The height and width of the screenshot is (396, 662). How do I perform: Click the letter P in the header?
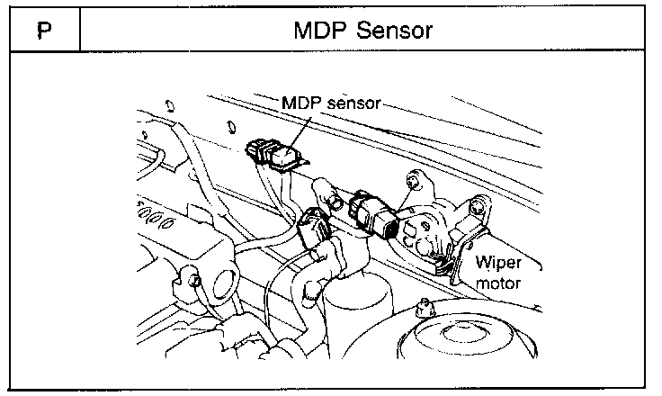click(42, 31)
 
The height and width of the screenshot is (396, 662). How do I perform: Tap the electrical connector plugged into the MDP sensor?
click(260, 150)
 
